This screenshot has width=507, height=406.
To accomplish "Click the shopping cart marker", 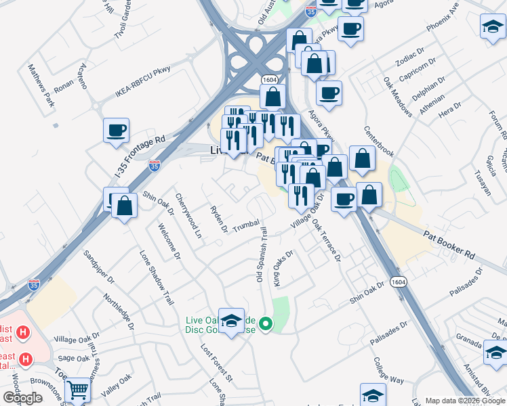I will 79,390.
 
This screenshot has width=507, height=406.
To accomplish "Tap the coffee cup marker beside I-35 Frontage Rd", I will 116,129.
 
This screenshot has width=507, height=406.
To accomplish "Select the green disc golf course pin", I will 266,325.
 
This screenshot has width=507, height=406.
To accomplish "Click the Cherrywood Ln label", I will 188,215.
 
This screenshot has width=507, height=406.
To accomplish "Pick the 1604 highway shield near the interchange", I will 269,81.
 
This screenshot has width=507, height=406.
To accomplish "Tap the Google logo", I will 22,397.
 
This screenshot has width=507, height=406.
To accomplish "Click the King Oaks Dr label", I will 283,269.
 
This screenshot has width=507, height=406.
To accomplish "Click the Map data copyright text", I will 464,401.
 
